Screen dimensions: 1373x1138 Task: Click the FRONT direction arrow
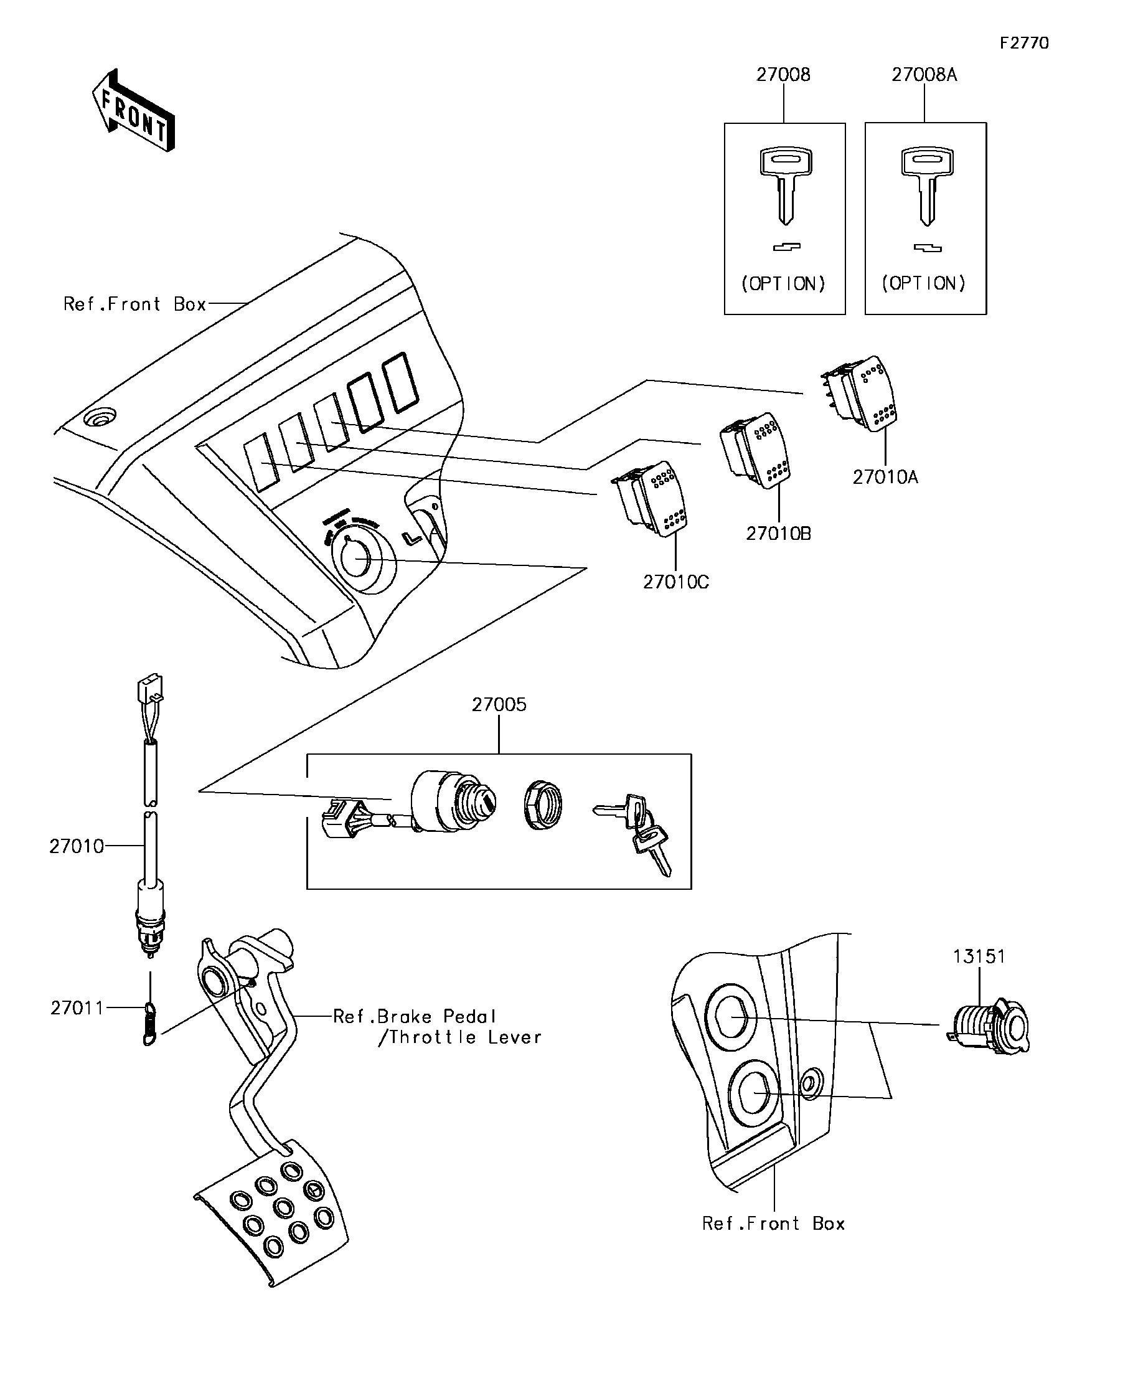pos(134,111)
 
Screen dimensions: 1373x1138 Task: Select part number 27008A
pos(924,75)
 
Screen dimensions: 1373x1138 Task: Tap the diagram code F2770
pos(1023,43)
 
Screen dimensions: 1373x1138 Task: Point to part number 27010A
pos(885,477)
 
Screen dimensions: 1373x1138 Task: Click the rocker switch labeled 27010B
pos(756,449)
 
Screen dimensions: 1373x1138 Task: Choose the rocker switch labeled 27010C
pos(650,498)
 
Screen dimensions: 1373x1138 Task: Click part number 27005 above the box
pos(499,705)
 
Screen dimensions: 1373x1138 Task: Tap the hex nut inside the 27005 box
pos(542,805)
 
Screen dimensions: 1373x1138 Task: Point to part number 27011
pos(77,1008)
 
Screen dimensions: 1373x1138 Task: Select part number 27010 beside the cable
pos(77,847)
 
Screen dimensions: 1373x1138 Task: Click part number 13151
pos(979,956)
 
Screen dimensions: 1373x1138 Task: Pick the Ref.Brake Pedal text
pos(415,1017)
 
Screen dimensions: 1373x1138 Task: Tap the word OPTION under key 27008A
pos(924,283)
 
